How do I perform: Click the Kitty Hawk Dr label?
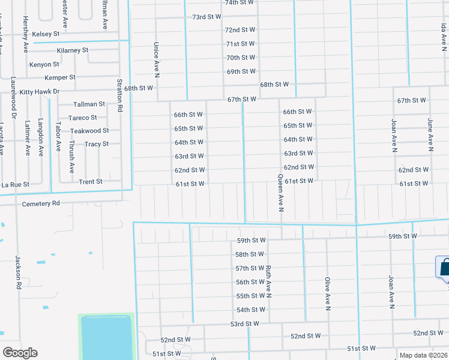pos(40,91)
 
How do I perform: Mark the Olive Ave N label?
pos(328,294)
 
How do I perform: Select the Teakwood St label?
pos(89,131)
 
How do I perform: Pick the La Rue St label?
pos(15,184)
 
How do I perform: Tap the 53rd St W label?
pos(244,324)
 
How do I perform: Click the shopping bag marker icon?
pos(444,268)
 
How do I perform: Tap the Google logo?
pos(20,353)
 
